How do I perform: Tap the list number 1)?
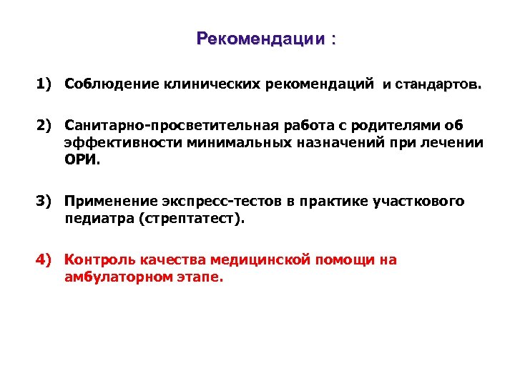tap(45, 84)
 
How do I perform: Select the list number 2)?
tap(45, 127)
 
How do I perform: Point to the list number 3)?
tap(45, 202)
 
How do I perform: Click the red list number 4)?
tap(45, 260)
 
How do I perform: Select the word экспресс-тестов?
tap(207, 202)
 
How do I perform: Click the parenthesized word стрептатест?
tap(198, 219)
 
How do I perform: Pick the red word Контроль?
tap(94, 260)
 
